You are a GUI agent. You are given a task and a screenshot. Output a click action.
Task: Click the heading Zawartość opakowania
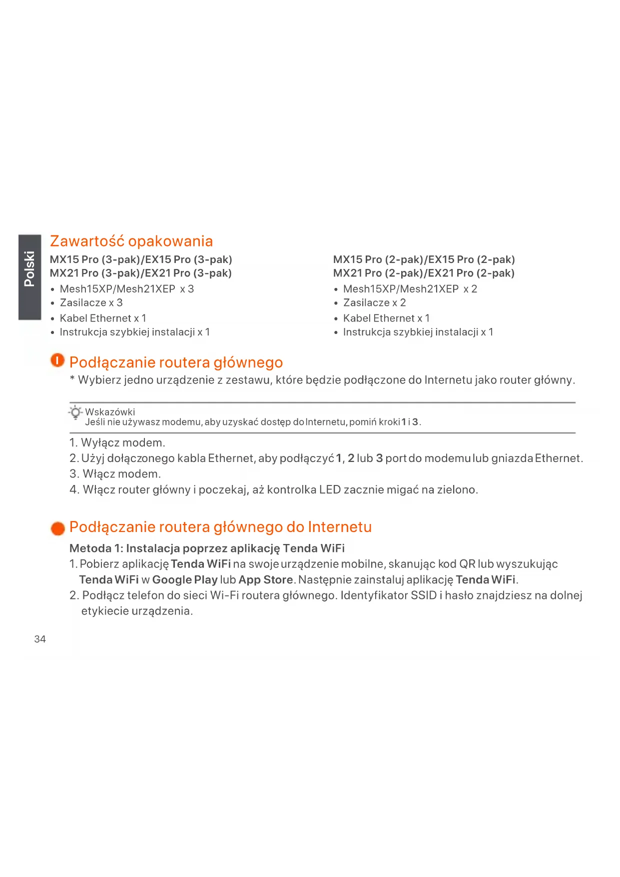[131, 241]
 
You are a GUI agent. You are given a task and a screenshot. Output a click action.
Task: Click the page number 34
[40, 639]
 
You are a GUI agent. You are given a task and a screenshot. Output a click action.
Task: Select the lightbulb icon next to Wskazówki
[75, 412]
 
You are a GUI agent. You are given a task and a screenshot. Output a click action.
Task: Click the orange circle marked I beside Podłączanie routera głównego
[57, 360]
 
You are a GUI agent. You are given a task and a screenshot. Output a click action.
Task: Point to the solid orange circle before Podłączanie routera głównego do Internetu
[58, 528]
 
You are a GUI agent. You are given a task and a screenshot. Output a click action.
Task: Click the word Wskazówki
[110, 412]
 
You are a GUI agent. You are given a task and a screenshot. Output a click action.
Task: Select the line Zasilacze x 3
[91, 303]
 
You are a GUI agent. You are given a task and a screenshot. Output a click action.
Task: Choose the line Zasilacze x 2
[374, 303]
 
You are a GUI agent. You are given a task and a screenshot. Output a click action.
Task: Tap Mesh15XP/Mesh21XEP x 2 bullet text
[410, 289]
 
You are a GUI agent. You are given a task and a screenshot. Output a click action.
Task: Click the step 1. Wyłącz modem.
[117, 443]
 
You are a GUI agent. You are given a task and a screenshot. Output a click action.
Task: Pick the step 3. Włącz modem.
[115, 474]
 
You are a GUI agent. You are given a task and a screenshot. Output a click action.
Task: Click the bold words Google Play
[185, 580]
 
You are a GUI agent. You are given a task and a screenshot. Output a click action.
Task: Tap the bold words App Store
[266, 580]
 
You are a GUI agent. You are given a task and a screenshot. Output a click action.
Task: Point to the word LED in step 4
[330, 490]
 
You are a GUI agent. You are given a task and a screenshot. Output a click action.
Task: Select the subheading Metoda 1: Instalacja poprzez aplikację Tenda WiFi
[207, 548]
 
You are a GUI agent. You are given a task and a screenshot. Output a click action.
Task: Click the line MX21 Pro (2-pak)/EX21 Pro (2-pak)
[424, 273]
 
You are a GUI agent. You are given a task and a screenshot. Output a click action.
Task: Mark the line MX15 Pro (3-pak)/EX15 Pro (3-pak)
[141, 260]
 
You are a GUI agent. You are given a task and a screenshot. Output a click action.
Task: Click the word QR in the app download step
[467, 564]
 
